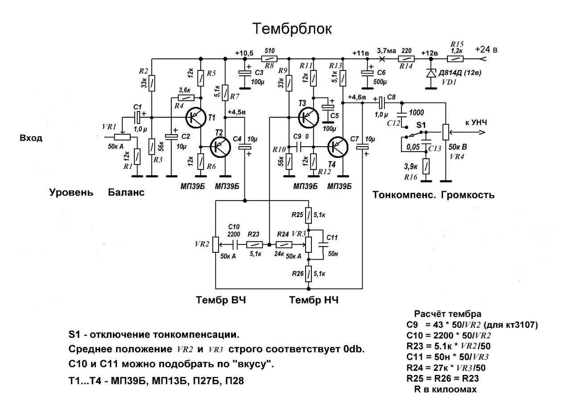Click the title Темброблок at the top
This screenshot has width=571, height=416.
click(x=292, y=29)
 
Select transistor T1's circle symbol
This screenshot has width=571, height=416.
click(x=196, y=118)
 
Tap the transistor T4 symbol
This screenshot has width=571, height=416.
click(x=338, y=147)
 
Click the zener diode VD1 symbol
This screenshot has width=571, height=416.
click(x=431, y=74)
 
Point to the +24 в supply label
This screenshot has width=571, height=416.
click(x=486, y=49)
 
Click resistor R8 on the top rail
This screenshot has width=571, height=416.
click(x=269, y=59)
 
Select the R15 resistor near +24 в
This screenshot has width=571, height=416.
click(x=455, y=59)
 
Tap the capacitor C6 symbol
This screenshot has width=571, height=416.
click(x=367, y=73)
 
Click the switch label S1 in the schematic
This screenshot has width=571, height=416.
click(x=421, y=125)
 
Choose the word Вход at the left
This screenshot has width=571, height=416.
click(x=31, y=138)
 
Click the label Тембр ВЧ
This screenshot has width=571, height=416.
click(x=221, y=300)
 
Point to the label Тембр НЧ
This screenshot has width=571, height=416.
click(x=314, y=300)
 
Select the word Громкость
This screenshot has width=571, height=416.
click(x=468, y=195)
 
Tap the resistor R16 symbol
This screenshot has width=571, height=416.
click(x=426, y=166)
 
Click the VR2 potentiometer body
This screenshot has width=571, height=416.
click(x=215, y=244)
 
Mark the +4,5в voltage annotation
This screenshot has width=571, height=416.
click(x=237, y=112)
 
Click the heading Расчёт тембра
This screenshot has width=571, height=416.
click(x=447, y=314)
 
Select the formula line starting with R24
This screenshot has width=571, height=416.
click(x=446, y=368)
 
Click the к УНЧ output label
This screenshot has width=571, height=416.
click(x=476, y=123)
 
